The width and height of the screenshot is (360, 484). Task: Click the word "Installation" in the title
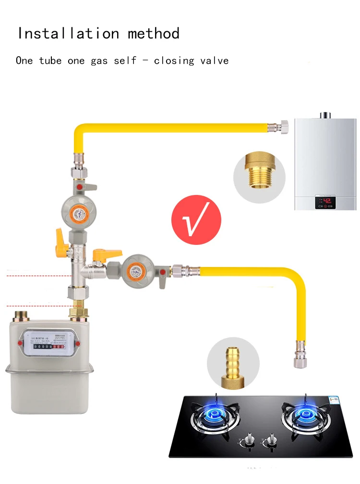[68, 34]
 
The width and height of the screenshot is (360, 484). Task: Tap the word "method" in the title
[154, 34]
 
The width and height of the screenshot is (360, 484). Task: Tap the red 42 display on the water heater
[327, 201]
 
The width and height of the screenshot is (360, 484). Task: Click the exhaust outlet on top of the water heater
[326, 115]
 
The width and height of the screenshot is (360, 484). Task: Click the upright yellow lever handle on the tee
[60, 238]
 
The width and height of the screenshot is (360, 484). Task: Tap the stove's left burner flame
[215, 414]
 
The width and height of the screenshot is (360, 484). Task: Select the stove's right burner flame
[305, 414]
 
